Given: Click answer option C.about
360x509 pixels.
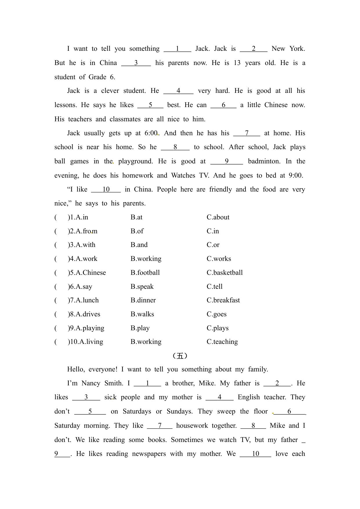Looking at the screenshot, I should coord(218,217).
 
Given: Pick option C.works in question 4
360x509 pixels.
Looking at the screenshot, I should coord(219,259).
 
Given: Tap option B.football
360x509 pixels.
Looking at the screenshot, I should coord(145,273).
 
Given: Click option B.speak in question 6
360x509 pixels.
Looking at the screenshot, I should coord(142,287).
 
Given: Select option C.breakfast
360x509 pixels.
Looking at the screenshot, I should coord(223,300).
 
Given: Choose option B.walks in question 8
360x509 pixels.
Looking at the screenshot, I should coord(142,314).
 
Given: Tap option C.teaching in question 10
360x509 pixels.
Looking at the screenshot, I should coord(222,342).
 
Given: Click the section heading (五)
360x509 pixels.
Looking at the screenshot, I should coord(180,356).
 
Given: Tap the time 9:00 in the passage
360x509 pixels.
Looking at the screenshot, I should coord(296,176).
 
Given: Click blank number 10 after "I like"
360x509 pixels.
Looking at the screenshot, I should coord(106,189).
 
